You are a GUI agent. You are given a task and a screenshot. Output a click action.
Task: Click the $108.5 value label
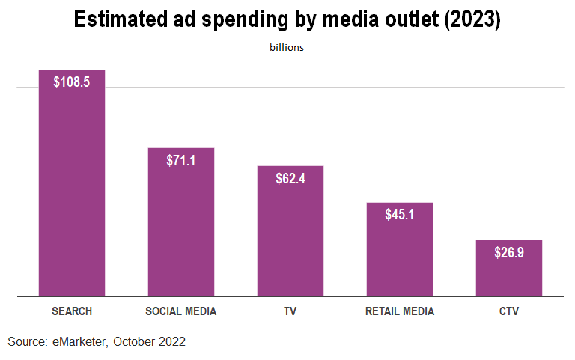72,82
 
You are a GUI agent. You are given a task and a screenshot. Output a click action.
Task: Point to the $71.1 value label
181,160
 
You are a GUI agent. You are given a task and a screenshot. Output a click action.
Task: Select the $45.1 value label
400,215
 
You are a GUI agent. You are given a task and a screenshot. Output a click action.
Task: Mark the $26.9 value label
509,252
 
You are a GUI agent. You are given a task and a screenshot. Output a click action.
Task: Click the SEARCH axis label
72,311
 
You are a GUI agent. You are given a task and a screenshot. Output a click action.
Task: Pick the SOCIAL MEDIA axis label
181,311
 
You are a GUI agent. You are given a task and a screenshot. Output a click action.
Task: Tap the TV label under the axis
290,311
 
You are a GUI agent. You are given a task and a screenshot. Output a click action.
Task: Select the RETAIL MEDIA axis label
400,311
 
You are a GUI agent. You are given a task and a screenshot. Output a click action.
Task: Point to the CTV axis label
509,311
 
